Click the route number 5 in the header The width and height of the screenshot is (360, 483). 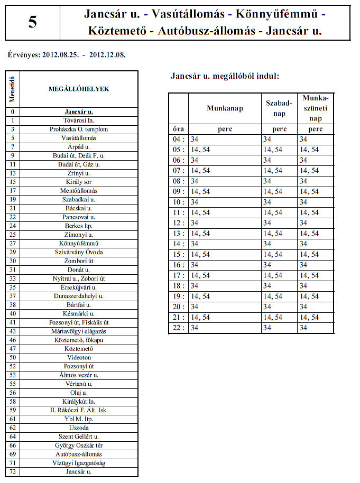tap(33, 23)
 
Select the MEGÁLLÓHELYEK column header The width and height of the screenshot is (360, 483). tap(79, 89)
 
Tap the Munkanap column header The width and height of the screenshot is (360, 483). tap(225, 108)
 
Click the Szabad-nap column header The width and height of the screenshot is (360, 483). tap(279, 108)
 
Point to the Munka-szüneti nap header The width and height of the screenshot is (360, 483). tap(316, 108)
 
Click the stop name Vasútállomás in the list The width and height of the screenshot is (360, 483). tap(79, 138)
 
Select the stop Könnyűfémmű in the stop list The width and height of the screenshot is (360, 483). tap(79, 244)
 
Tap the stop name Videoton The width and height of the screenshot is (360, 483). tap(79, 358)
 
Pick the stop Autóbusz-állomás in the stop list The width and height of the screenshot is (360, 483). tap(79, 454)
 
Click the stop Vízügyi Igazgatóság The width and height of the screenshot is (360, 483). tap(79, 463)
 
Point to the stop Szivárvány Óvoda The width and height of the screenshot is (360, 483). tap(79, 252)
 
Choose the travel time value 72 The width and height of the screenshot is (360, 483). tap(12, 471)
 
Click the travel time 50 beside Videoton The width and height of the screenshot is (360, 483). tap(12, 358)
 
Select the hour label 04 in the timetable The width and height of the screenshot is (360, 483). tap(178, 139)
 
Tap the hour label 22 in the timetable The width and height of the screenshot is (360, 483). tap(178, 328)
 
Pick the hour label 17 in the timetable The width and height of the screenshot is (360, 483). tap(178, 275)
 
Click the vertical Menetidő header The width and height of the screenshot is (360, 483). tap(12, 89)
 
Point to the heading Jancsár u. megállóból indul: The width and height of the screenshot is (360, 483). tap(225, 76)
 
